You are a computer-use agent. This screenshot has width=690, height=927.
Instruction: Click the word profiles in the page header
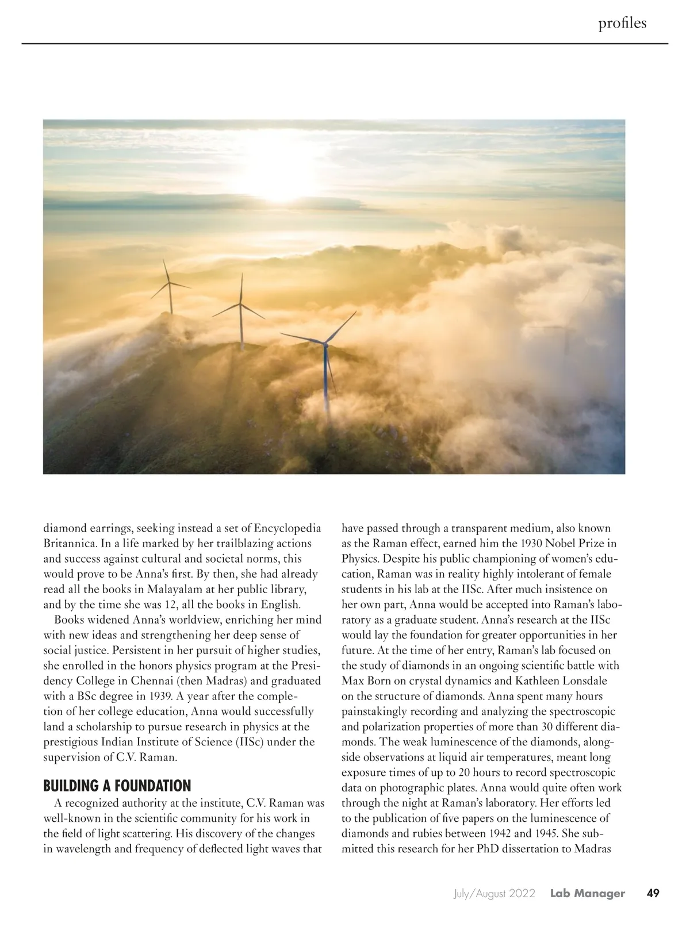622,23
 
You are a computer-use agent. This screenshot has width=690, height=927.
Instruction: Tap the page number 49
653,893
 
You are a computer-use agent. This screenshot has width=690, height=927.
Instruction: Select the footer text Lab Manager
587,894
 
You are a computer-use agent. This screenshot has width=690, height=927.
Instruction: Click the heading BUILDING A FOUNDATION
117,786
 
